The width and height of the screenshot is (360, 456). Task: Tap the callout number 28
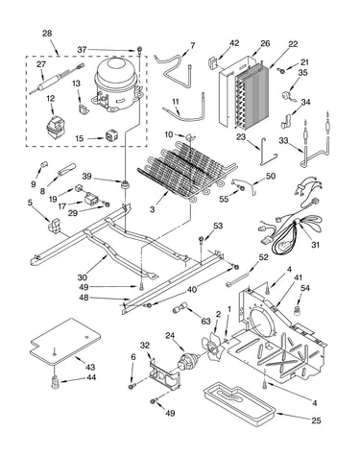pyautogui.click(x=47, y=34)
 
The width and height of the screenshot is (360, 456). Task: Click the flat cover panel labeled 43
pyautogui.click(x=65, y=342)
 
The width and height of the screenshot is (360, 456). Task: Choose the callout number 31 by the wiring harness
pyautogui.click(x=315, y=245)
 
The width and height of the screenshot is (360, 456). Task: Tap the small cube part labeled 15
pyautogui.click(x=110, y=137)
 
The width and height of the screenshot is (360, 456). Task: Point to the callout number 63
pyautogui.click(x=205, y=321)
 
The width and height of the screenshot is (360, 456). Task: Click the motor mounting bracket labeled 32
pyautogui.click(x=164, y=372)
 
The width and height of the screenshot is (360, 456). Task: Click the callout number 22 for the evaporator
pyautogui.click(x=293, y=44)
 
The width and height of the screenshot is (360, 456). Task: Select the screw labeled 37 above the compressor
pyautogui.click(x=140, y=49)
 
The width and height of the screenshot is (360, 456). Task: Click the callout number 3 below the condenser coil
pyautogui.click(x=153, y=209)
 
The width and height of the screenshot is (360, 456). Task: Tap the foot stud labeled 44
pyautogui.click(x=56, y=381)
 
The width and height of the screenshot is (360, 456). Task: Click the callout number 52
pyautogui.click(x=263, y=257)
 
